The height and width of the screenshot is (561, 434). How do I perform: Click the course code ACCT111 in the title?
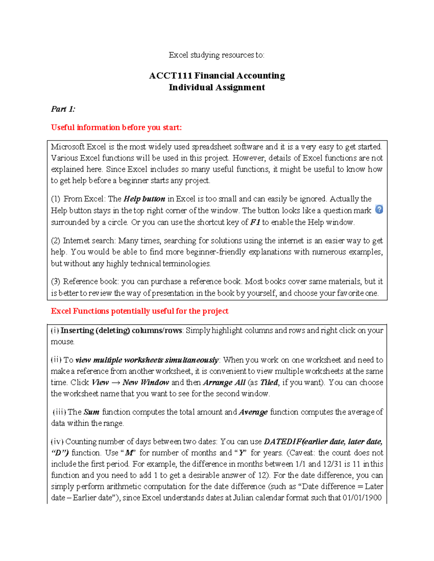click(170, 75)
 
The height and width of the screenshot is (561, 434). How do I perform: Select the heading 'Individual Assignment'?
click(217, 87)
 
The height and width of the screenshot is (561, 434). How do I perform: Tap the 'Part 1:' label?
click(63, 109)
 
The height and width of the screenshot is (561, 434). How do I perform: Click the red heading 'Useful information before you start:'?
click(116, 128)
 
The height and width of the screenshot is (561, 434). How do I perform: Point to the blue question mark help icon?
click(379, 209)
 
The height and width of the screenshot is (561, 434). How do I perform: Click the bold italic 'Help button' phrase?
click(144, 199)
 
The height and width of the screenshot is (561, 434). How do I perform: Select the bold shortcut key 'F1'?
click(255, 222)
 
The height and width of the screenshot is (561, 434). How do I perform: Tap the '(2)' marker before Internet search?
click(56, 241)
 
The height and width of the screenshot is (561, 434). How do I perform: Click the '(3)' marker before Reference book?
click(56, 281)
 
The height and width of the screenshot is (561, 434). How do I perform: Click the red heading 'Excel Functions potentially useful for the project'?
click(140, 311)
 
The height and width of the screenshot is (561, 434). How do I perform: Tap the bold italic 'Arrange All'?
click(224, 383)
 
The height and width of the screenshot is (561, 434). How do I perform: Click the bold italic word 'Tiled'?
click(269, 383)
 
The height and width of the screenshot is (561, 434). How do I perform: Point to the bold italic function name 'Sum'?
click(91, 412)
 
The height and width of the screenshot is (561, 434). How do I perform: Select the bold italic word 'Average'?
click(253, 412)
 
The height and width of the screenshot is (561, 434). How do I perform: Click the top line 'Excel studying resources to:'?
click(217, 55)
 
